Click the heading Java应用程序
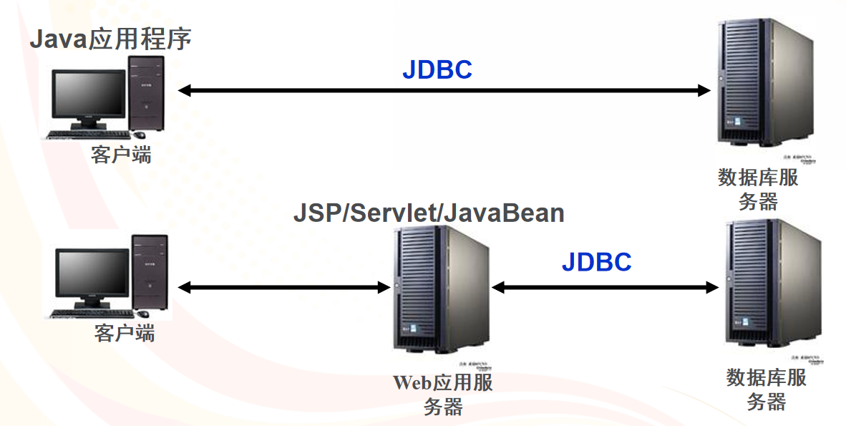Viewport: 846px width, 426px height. click(110, 39)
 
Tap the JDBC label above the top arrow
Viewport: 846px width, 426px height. click(437, 69)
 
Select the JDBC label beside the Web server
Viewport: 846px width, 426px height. click(596, 262)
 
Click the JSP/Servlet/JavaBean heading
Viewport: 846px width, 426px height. click(429, 213)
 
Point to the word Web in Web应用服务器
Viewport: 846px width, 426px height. click(410, 382)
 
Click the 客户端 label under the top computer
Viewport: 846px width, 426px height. click(121, 154)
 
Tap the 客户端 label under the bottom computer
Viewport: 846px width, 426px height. click(124, 333)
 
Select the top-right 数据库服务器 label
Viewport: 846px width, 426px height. click(758, 188)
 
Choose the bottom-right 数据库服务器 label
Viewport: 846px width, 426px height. click(767, 389)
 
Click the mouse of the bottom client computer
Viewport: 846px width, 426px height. click(143, 314)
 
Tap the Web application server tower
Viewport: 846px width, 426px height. click(438, 290)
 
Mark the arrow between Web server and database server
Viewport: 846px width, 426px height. click(605, 287)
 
